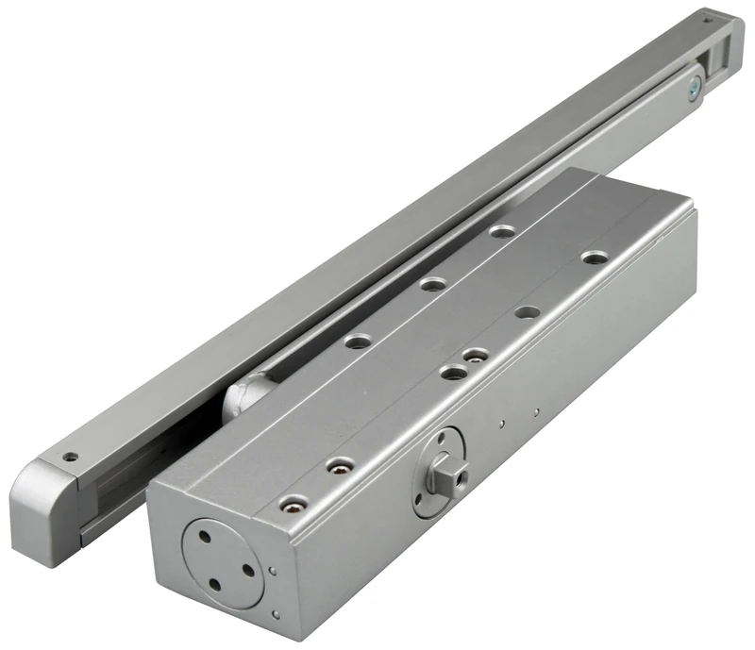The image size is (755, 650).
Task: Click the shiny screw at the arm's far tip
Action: click(x=694, y=89)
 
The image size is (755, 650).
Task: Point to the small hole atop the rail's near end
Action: click(x=69, y=457)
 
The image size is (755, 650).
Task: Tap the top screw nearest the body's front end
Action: click(x=294, y=503)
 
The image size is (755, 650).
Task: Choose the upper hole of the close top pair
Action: click(x=476, y=355)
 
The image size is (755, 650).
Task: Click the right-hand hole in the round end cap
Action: click(x=247, y=569)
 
